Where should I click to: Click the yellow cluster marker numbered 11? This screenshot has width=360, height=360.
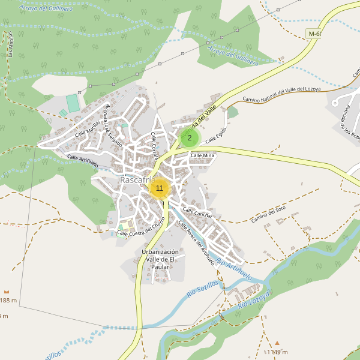(159, 188)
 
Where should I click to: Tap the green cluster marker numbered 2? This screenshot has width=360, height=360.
(190, 138)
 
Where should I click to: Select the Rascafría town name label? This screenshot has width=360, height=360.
(137, 180)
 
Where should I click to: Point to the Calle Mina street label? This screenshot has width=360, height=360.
(202, 155)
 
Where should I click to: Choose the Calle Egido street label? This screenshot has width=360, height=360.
(217, 135)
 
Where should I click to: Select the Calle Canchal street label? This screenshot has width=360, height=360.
(197, 212)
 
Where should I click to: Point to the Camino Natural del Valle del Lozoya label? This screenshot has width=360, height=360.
(281, 94)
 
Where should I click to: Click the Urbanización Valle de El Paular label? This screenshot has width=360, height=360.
(160, 259)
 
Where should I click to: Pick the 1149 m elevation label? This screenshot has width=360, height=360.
(277, 352)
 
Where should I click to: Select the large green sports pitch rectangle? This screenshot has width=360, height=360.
(73, 103)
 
